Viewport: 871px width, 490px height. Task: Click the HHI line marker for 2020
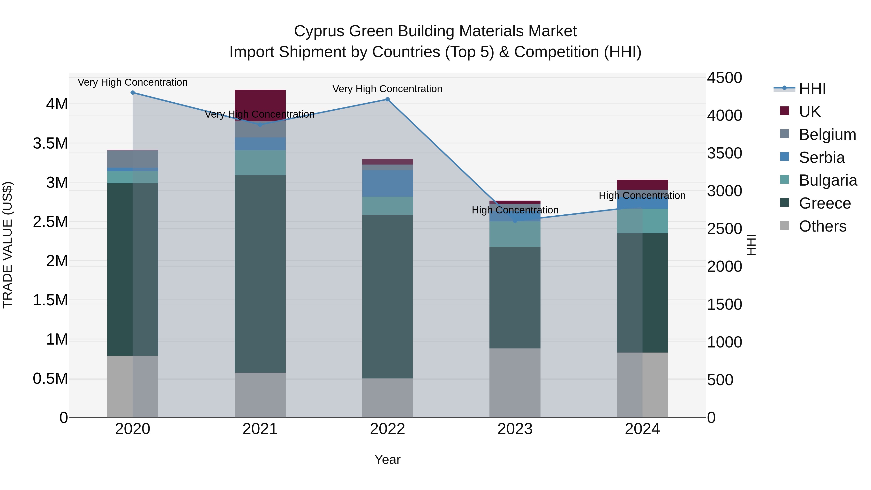pyautogui.click(x=133, y=92)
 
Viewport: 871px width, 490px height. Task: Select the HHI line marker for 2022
pyautogui.click(x=388, y=99)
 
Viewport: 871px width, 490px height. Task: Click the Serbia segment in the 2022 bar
pyautogui.click(x=388, y=183)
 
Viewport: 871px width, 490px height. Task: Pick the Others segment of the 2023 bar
pyautogui.click(x=515, y=383)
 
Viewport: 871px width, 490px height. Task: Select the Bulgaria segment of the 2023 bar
pyautogui.click(x=515, y=234)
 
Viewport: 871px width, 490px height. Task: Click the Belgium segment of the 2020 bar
pyautogui.click(x=133, y=159)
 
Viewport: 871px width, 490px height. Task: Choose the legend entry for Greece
pyautogui.click(x=824, y=203)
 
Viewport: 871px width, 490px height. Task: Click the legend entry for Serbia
pyautogui.click(x=821, y=158)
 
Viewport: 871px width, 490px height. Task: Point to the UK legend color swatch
pyautogui.click(x=784, y=111)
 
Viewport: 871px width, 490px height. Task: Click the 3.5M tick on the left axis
pyautogui.click(x=50, y=143)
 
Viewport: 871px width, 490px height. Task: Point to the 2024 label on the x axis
pyautogui.click(x=642, y=429)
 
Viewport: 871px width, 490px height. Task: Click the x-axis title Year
pyautogui.click(x=388, y=460)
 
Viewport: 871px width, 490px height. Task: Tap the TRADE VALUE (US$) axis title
pyautogui.click(x=8, y=245)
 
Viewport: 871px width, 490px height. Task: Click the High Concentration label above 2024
pyautogui.click(x=642, y=196)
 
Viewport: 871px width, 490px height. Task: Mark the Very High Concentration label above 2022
pyautogui.click(x=388, y=89)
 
